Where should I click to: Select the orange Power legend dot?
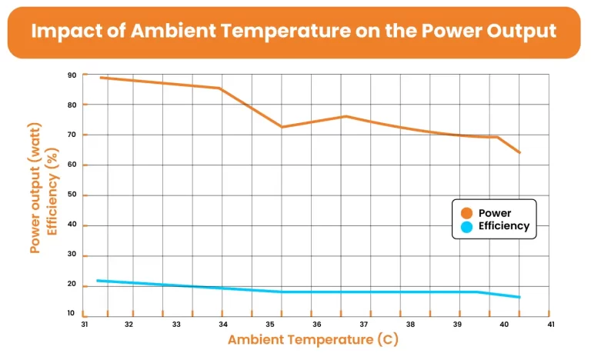(x=466, y=213)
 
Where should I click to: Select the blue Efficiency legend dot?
(x=466, y=226)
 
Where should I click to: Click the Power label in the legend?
(x=495, y=213)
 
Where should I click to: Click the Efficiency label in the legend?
(x=504, y=226)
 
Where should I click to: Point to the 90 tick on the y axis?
(x=72, y=75)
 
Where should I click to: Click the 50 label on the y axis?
(x=72, y=195)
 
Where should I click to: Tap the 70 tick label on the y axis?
(x=72, y=135)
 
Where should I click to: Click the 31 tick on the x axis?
(x=83, y=325)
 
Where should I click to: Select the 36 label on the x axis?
(x=317, y=325)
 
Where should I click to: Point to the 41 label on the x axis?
(x=550, y=325)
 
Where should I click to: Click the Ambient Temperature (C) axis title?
(x=313, y=339)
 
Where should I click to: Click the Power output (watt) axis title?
(x=35, y=188)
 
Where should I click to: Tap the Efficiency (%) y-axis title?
(x=53, y=188)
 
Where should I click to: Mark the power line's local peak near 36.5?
(x=346, y=116)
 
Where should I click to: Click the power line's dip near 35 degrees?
(x=282, y=127)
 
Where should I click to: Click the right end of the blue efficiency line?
(x=520, y=297)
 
